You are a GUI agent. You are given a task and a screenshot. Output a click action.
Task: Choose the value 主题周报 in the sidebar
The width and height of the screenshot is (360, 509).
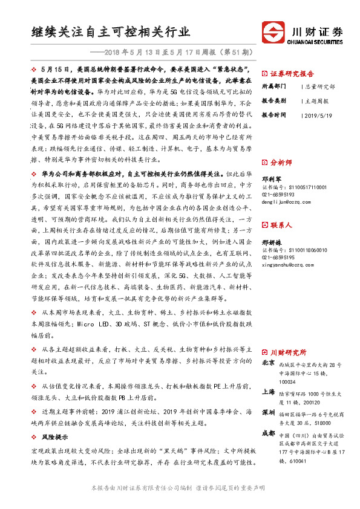[317, 100]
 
